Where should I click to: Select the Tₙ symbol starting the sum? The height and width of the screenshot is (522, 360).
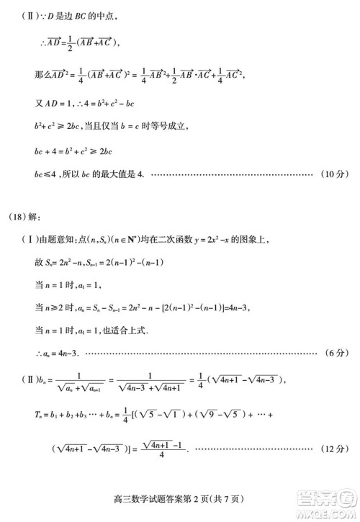click(x=40, y=416)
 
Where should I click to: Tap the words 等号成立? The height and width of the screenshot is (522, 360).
click(x=170, y=127)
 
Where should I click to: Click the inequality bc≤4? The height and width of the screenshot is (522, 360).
click(x=47, y=174)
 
